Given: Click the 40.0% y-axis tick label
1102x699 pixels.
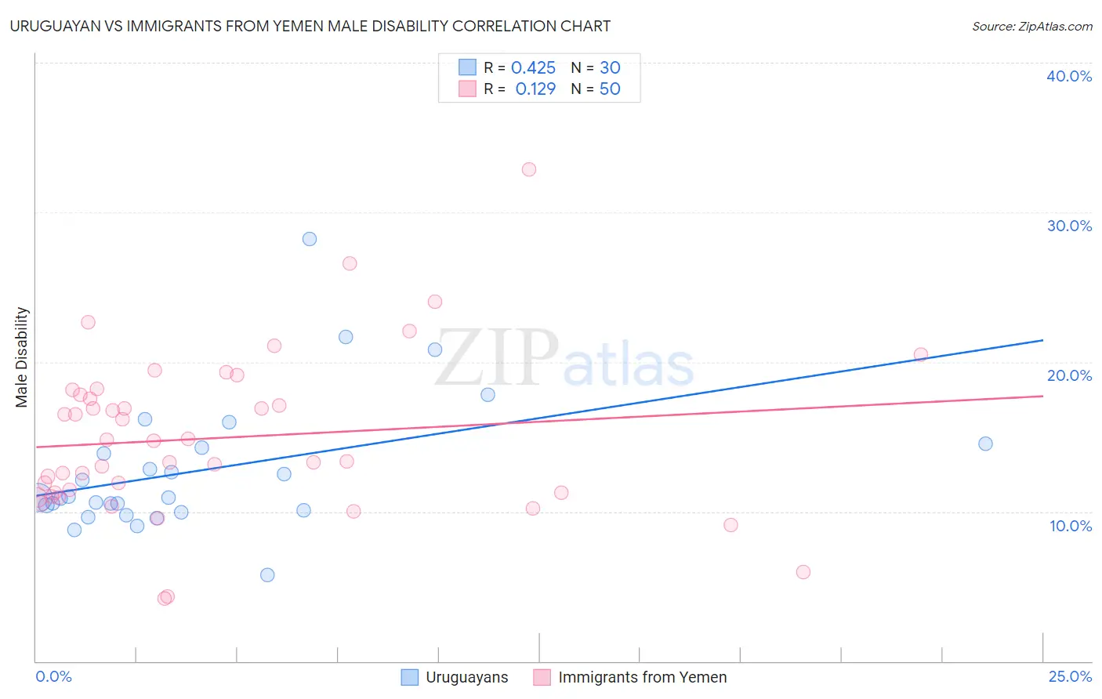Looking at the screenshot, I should [x=1069, y=76].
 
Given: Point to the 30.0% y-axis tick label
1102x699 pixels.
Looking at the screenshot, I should [x=1069, y=226].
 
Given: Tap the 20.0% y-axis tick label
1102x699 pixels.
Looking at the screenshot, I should [x=1069, y=375].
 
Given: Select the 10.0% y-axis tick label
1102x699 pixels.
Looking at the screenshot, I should [x=1070, y=526].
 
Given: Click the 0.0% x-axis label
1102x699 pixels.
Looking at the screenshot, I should [x=53, y=676].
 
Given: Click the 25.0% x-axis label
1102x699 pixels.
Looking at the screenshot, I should [x=1070, y=676].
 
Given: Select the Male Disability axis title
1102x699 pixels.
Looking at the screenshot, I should [x=22, y=357].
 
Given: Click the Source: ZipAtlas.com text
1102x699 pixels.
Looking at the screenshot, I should [x=1031, y=26].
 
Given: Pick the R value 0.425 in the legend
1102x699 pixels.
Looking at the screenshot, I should [x=533, y=68].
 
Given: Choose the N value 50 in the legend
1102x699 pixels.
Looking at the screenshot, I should [x=610, y=89].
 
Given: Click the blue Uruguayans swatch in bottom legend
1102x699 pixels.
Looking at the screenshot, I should [x=410, y=677].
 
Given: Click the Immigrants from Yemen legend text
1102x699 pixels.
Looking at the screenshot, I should [x=642, y=677].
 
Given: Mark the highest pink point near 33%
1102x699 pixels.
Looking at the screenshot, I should [x=529, y=169].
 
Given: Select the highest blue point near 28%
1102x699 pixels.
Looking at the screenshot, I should [x=310, y=239].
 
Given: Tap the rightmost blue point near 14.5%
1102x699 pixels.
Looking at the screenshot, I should [x=985, y=444].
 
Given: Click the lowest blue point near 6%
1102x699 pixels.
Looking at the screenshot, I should [x=267, y=575].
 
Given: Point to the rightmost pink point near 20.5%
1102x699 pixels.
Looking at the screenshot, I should [x=921, y=354].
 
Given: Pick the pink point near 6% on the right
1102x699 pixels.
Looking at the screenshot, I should [x=803, y=572].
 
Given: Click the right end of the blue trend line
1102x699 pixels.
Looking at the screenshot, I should [x=1042, y=340].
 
